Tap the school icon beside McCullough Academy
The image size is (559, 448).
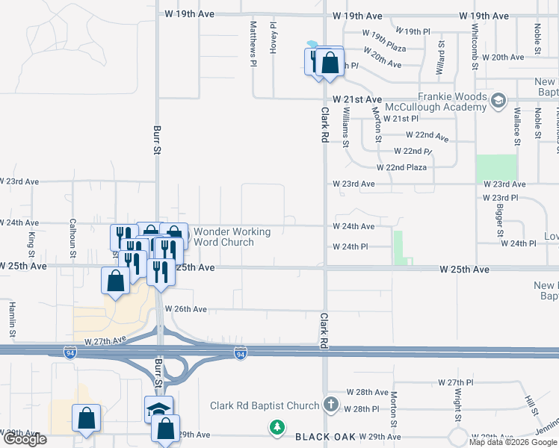pyautogui.click(x=498, y=100)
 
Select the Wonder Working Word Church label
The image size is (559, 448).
pyautogui.click(x=232, y=237)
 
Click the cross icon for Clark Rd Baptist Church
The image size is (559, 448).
pyautogui.click(x=331, y=405)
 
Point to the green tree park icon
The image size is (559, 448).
pyautogui.click(x=277, y=428)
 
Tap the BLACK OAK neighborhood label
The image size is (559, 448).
pyautogui.click(x=324, y=436)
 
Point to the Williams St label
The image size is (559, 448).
pyautogui.click(x=345, y=125)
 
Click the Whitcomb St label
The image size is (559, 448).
pyautogui.click(x=475, y=46)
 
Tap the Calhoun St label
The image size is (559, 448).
pyautogui.click(x=72, y=236)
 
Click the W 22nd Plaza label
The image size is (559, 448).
pyautogui.click(x=401, y=167)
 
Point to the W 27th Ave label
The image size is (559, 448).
pyautogui.click(x=105, y=340)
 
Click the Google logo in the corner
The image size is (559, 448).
pyautogui.click(x=24, y=439)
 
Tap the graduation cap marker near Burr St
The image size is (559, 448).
pyautogui.click(x=158, y=409)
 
